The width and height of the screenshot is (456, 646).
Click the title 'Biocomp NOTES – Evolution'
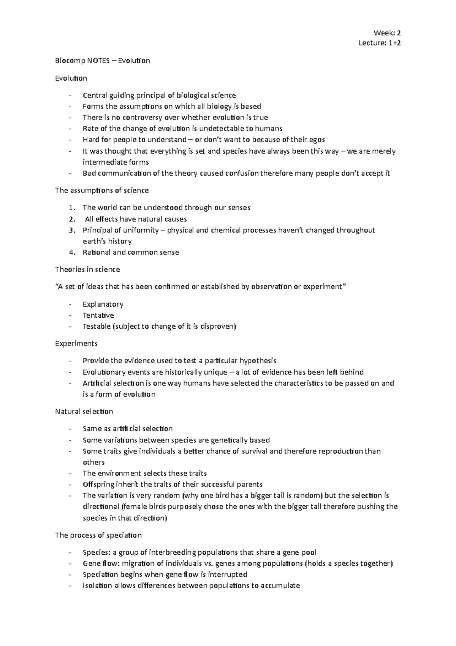(103, 60)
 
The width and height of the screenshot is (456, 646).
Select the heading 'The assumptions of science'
(102, 190)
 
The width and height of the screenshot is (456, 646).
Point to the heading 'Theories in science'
(87, 269)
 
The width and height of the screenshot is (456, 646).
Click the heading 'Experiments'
(76, 344)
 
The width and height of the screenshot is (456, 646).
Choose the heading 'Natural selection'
(84, 411)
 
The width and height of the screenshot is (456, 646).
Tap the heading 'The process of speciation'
(98, 535)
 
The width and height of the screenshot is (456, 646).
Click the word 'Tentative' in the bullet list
(98, 315)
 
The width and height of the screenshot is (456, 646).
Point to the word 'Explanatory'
(103, 304)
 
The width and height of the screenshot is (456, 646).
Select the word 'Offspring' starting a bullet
(98, 484)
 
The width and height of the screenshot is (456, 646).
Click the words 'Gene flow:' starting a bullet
(100, 563)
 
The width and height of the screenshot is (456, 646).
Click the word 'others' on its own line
(93, 462)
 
